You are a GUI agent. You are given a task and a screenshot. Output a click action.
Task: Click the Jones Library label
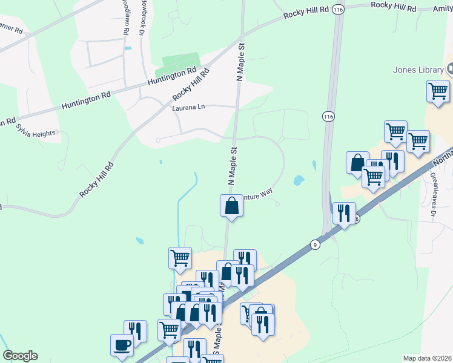click(x=418, y=70)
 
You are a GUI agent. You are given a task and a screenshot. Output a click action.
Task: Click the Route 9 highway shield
click(x=315, y=244)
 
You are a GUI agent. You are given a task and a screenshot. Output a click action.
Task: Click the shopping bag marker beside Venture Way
click(x=231, y=205)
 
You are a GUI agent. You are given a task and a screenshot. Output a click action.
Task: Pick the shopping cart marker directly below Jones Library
click(x=438, y=92)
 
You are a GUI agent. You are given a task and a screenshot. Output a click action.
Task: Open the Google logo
click(x=20, y=356)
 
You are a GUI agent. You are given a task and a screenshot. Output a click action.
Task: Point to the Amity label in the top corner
click(x=443, y=9)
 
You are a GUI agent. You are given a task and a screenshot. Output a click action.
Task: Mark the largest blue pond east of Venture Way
click(x=299, y=180)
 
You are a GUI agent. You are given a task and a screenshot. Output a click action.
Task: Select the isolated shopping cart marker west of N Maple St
click(x=180, y=258)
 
